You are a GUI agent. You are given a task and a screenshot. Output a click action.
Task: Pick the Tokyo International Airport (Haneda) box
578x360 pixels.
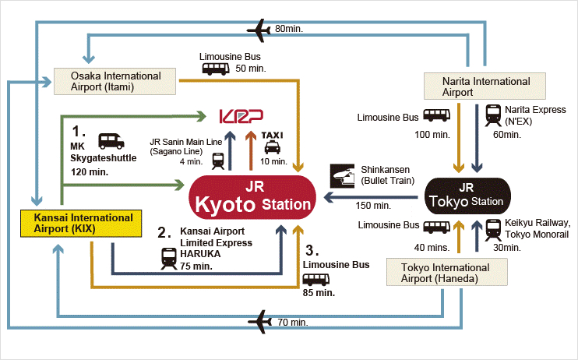[448, 273]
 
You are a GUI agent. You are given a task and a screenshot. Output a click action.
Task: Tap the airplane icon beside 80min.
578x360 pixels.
[259, 30]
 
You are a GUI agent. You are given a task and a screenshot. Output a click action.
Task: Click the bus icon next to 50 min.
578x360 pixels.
[216, 69]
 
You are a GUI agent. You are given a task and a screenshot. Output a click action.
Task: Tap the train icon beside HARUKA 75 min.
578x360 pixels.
[167, 257]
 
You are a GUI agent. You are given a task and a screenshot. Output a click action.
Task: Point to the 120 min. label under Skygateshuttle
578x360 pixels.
[89, 170]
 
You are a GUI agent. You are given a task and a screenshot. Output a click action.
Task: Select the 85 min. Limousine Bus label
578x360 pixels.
[318, 293]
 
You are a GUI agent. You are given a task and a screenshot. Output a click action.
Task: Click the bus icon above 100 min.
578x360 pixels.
[437, 115]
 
